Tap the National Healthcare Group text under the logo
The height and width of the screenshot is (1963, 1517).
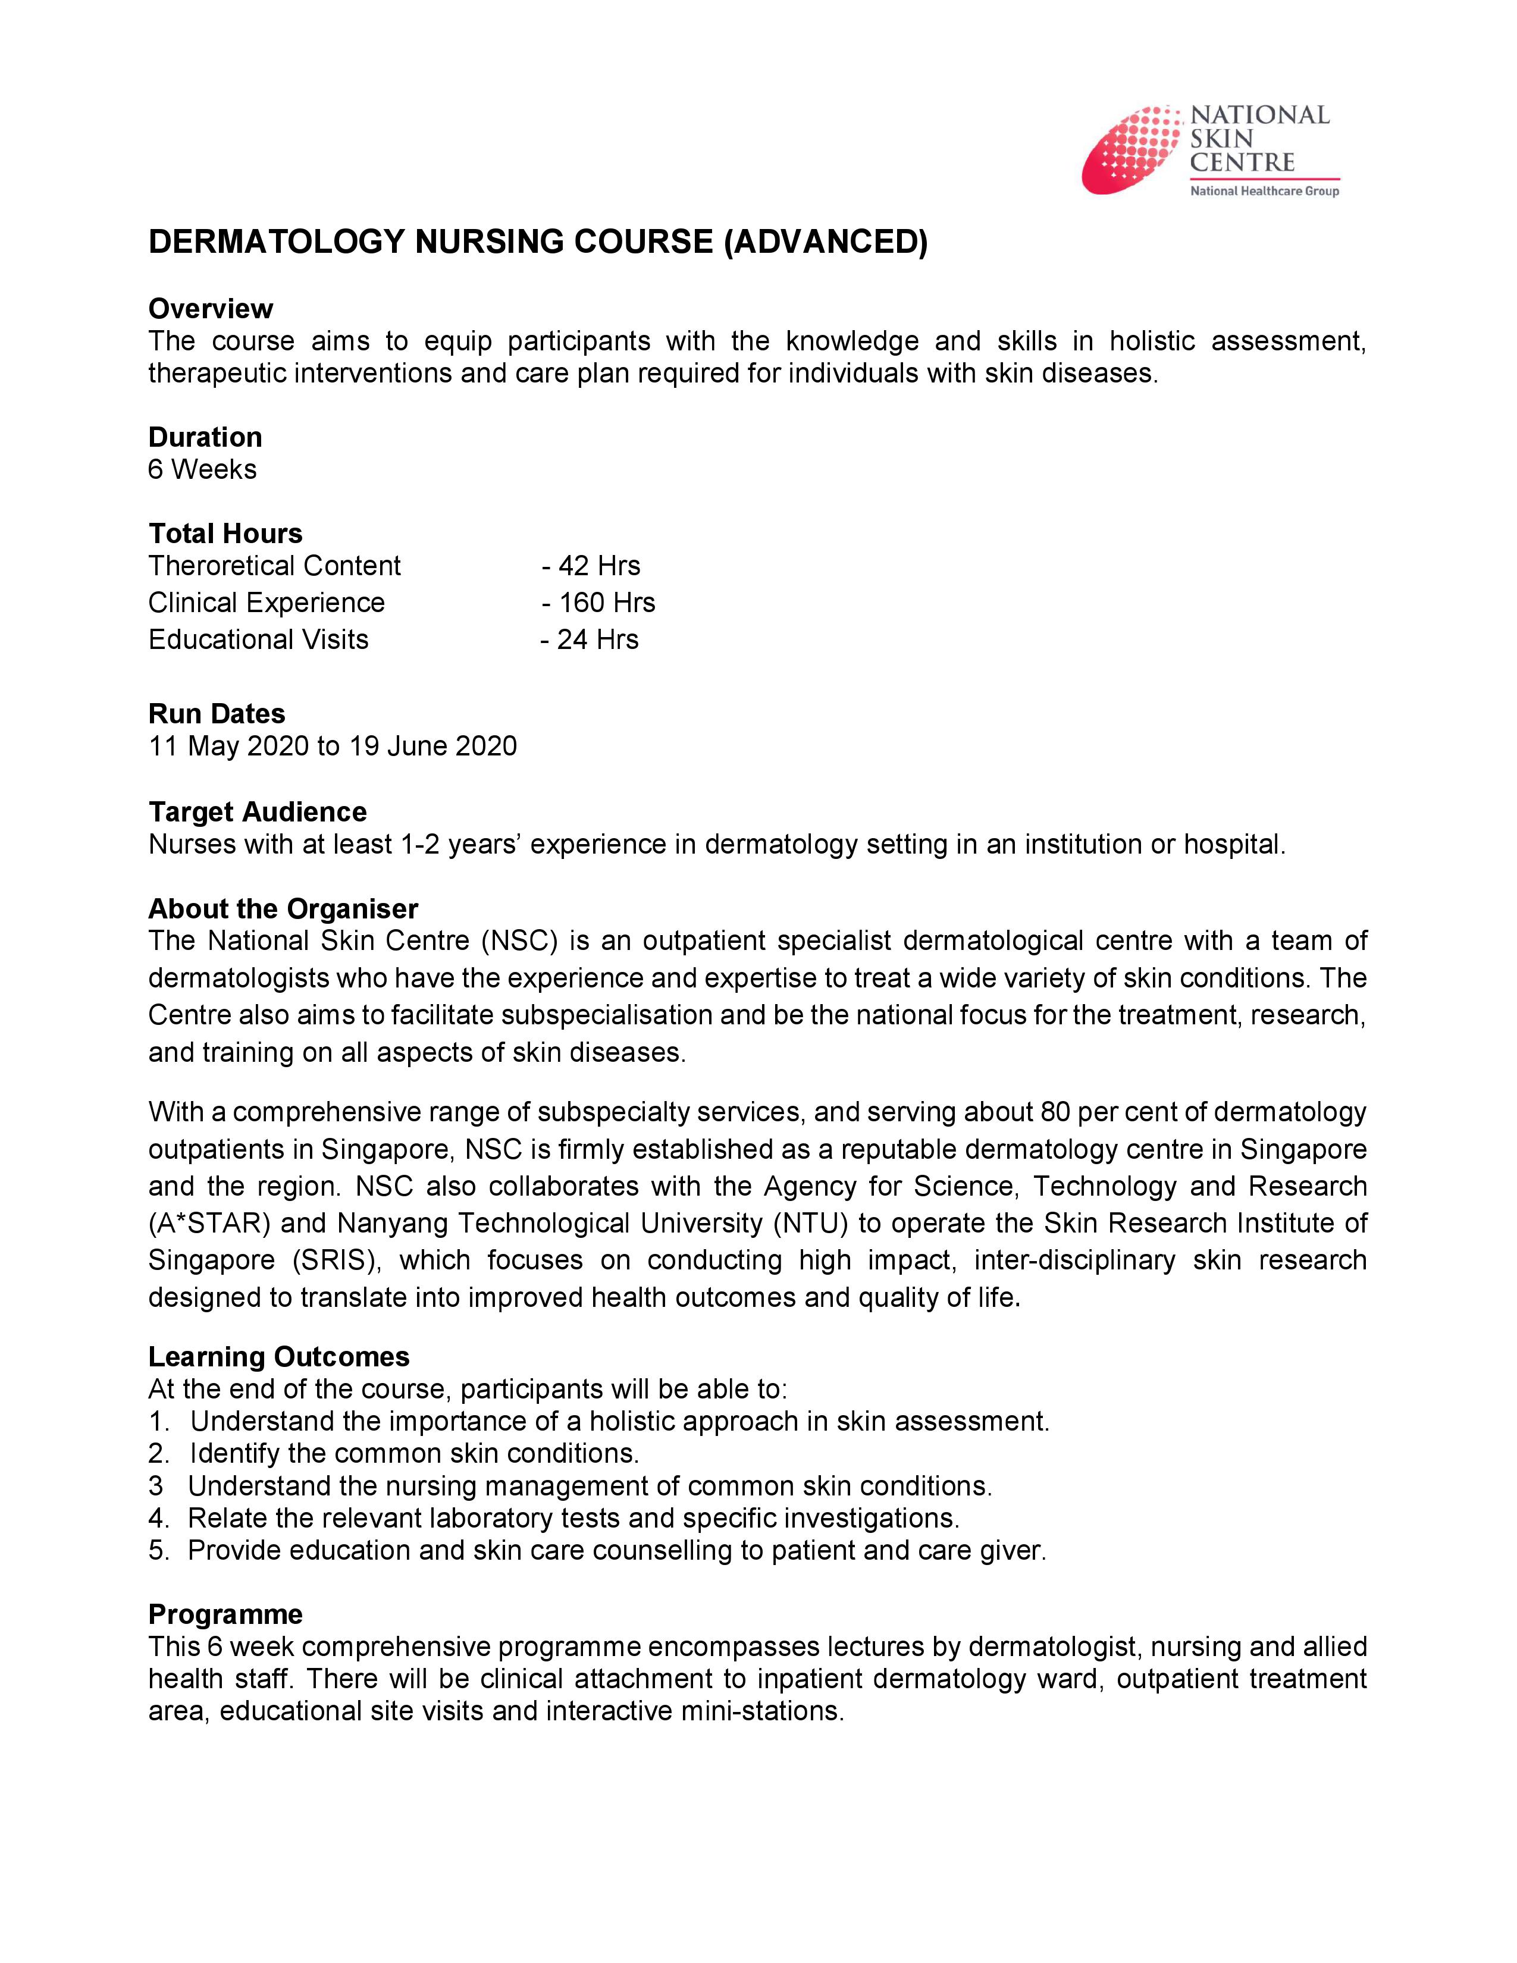pos(1264,190)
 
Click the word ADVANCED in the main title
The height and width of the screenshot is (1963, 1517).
pos(825,243)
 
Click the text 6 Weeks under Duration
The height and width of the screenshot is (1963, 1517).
pos(202,469)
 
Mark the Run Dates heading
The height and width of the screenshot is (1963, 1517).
pos(217,714)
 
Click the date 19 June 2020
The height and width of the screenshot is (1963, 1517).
pos(432,746)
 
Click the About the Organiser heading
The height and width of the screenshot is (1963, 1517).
pos(283,909)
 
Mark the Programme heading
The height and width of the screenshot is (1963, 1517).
pos(225,1614)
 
